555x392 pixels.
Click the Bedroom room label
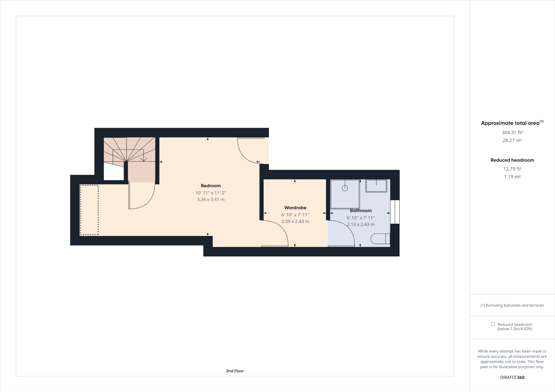pyautogui.click(x=211, y=186)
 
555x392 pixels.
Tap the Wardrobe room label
pyautogui.click(x=295, y=208)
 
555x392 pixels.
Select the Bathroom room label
pyautogui.click(x=361, y=210)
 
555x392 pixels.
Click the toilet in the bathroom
pyautogui.click(x=380, y=239)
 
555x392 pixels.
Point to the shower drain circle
pyautogui.click(x=345, y=188)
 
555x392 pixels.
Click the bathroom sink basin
pyautogui.click(x=376, y=186)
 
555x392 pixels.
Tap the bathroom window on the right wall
pyautogui.click(x=395, y=212)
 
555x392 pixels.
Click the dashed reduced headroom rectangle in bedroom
pyautogui.click(x=89, y=210)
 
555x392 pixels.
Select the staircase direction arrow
pyautogui.click(x=144, y=159)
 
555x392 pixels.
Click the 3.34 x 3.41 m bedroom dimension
pyautogui.click(x=211, y=200)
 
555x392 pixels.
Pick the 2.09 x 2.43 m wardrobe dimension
pyautogui.click(x=295, y=221)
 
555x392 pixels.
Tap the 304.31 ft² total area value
pyautogui.click(x=512, y=132)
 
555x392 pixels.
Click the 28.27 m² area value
pyautogui.click(x=512, y=140)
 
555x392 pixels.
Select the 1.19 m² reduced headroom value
pyautogui.click(x=512, y=177)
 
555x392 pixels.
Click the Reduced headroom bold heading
pyautogui.click(x=512, y=160)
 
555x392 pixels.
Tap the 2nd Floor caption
pyautogui.click(x=235, y=371)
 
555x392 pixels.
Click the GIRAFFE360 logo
pyautogui.click(x=512, y=377)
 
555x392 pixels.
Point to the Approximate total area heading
pyautogui.click(x=510, y=123)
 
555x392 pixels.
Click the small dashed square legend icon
pyautogui.click(x=493, y=324)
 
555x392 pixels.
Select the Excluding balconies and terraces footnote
pyautogui.click(x=512, y=305)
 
